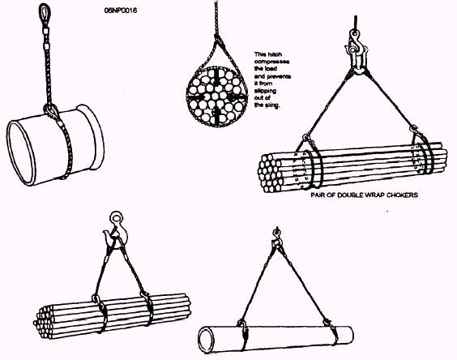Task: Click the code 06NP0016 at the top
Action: pos(121,11)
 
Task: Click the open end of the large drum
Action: pos(21,152)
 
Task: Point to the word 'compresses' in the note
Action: pos(271,62)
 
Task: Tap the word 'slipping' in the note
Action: pos(265,91)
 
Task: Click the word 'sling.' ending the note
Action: pos(272,105)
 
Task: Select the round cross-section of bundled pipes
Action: pos(216,96)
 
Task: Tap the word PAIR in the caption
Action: pos(318,195)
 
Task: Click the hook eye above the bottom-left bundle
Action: pos(116,218)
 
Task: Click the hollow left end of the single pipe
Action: pos(207,341)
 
